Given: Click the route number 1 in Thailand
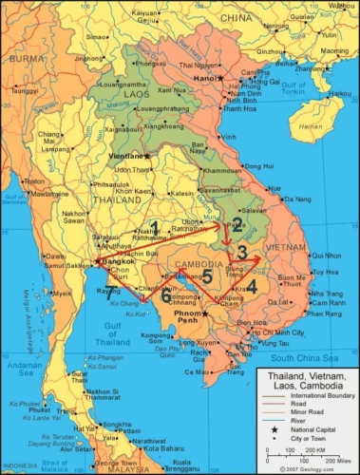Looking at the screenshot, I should pyautogui.click(x=154, y=227).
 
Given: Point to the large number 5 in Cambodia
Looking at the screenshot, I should pyautogui.click(x=207, y=277).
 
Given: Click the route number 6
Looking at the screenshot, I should pyautogui.click(x=165, y=296).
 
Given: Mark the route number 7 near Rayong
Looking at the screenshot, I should pyautogui.click(x=111, y=293).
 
